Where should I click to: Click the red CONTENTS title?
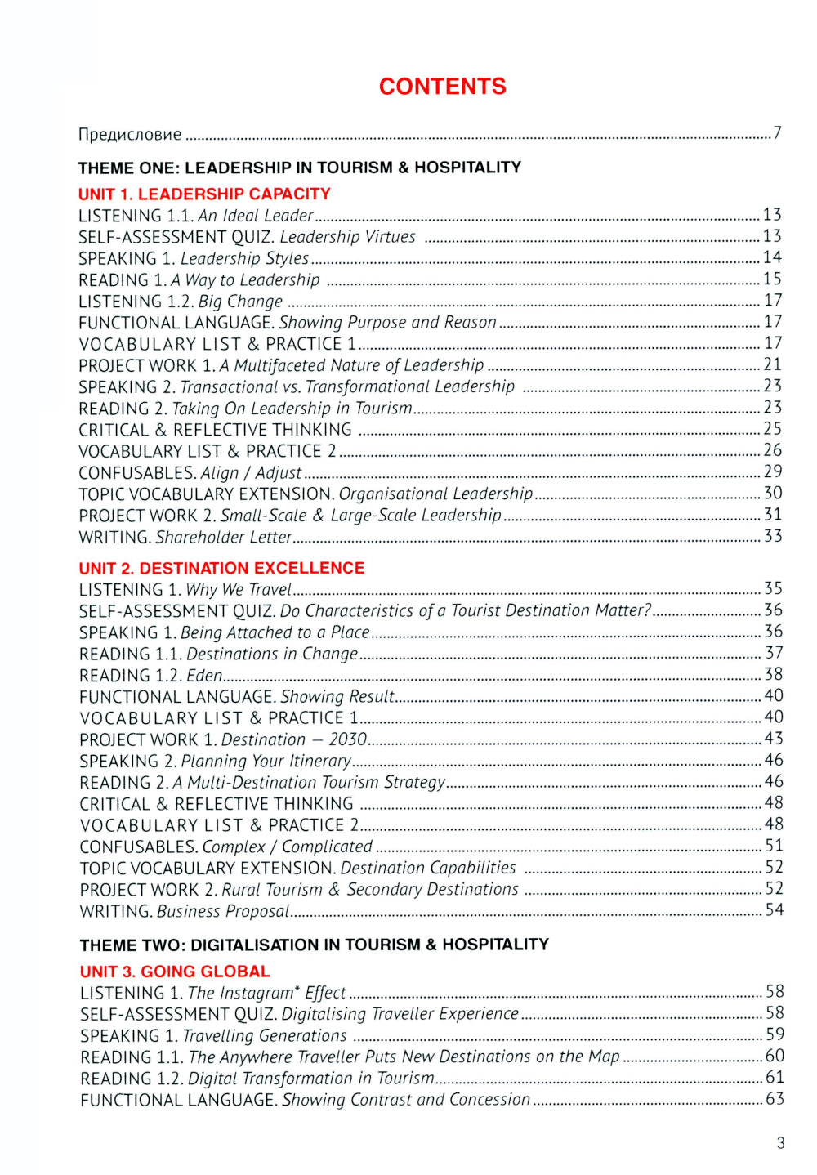(x=442, y=87)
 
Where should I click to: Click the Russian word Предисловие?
(x=130, y=134)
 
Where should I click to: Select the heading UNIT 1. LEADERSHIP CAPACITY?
(x=204, y=194)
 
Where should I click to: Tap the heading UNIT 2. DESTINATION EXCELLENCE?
(x=221, y=568)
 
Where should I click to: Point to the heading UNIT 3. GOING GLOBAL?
(x=175, y=972)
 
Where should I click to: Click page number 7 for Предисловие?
(x=777, y=133)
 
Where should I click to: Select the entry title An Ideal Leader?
(x=256, y=216)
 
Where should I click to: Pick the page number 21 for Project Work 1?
(x=772, y=364)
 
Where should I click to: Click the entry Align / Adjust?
(x=252, y=473)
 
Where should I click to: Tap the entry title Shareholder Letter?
(x=224, y=537)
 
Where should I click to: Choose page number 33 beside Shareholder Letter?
(x=773, y=536)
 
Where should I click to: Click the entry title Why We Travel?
(x=239, y=590)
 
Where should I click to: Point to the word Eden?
(x=204, y=676)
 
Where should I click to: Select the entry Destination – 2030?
(x=294, y=739)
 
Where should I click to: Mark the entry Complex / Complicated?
(x=288, y=847)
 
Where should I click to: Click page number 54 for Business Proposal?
(x=774, y=910)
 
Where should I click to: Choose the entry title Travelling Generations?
(x=265, y=1036)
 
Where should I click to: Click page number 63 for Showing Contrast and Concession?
(x=775, y=1099)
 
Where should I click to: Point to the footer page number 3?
(x=780, y=1143)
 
